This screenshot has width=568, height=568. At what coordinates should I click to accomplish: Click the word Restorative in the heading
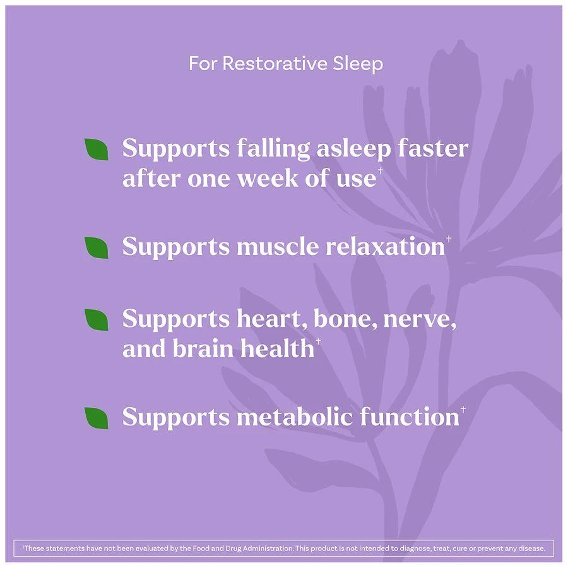coord(275,63)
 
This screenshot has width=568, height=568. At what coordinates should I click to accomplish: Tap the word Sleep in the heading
coord(358,64)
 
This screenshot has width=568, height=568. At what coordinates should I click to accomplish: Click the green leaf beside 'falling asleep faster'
coord(97,149)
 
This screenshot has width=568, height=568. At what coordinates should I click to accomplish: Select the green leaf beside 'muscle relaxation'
coord(97,247)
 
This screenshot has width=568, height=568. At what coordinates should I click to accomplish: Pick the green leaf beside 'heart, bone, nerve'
coord(97,319)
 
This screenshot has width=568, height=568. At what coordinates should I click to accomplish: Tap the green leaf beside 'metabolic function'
coord(97,418)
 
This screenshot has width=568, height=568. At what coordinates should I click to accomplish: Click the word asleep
coord(354,149)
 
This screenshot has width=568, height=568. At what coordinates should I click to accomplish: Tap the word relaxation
coord(386,247)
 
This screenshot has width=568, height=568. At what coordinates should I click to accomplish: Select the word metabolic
coord(295,417)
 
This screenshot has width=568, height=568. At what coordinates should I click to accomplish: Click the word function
coord(410,417)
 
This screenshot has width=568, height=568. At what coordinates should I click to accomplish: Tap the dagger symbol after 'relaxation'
coord(449,239)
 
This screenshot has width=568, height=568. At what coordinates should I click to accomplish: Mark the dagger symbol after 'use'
coord(380,170)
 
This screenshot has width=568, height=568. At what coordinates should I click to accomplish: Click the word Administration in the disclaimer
coord(268,548)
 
